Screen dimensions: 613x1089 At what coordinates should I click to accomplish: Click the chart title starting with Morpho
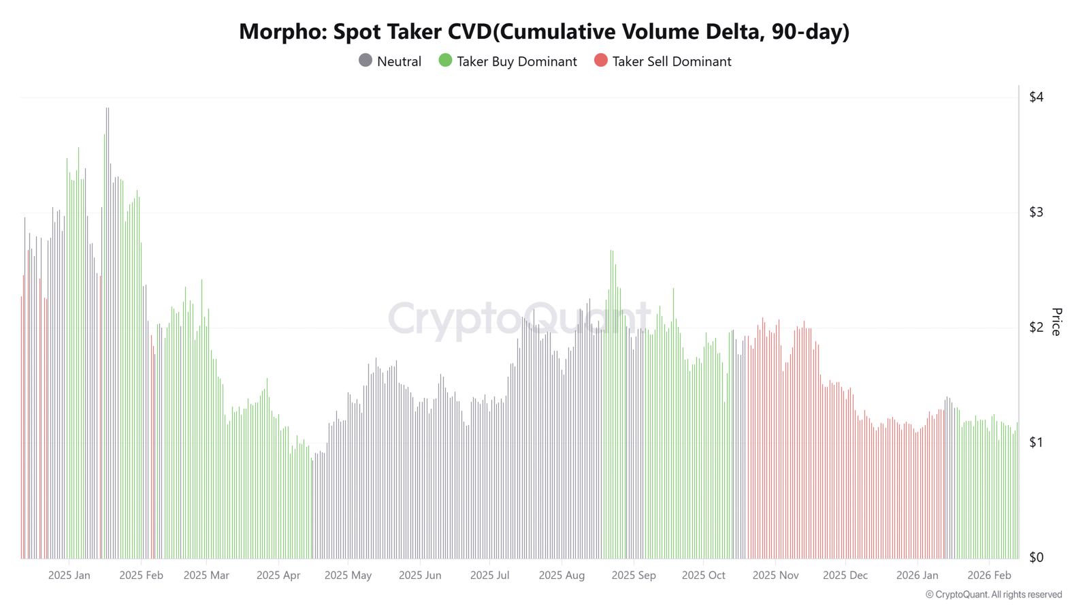pos(544,31)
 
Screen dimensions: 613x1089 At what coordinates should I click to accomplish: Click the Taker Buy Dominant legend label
pos(517,61)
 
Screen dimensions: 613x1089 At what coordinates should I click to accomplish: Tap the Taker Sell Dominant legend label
pos(671,61)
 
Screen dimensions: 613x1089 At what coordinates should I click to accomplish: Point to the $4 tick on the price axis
pos(1036,97)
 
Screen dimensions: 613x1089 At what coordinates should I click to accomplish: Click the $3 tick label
pos(1036,212)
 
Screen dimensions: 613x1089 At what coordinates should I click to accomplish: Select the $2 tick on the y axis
pos(1036,327)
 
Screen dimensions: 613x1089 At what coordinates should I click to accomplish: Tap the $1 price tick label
pos(1036,442)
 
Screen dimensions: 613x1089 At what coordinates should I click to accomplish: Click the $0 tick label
pos(1036,557)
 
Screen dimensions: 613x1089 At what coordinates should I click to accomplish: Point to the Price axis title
pos(1056,321)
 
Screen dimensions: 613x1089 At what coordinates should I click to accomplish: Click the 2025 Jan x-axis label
pos(69,576)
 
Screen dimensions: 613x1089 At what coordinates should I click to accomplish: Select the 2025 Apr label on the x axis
pos(278,576)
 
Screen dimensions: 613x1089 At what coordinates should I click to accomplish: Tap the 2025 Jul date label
pos(489,576)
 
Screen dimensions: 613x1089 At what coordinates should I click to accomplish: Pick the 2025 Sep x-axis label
pos(634,576)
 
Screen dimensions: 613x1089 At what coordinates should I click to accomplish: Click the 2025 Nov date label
pos(775,576)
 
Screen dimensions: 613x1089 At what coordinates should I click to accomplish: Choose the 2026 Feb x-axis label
pos(989,576)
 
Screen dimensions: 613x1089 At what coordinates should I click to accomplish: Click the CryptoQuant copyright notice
pos(993,595)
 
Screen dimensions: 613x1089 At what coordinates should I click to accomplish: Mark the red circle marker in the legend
pos(600,61)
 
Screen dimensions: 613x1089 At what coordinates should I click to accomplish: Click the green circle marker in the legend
pos(445,61)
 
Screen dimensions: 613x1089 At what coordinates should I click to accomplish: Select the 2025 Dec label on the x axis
pos(845,576)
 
